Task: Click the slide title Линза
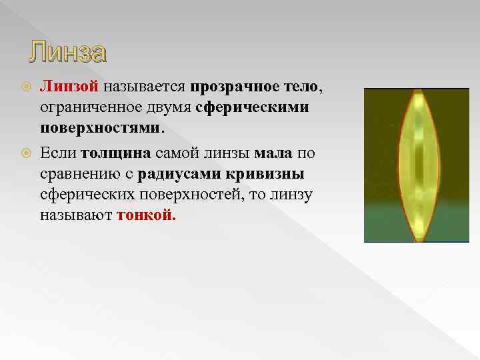point(68,52)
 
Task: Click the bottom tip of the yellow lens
point(419,239)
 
